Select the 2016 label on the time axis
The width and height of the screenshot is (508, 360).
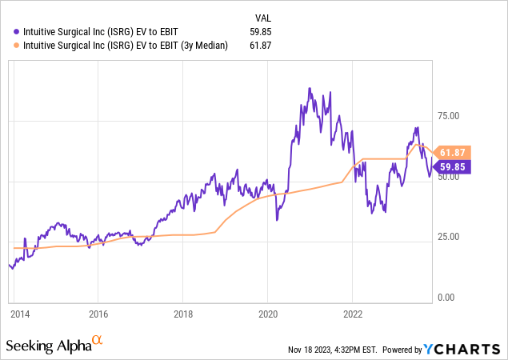point(98,315)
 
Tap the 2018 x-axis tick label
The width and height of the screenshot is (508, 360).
point(183,315)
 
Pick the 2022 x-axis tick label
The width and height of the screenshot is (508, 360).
point(354,315)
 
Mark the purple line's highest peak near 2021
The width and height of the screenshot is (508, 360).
point(309,89)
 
